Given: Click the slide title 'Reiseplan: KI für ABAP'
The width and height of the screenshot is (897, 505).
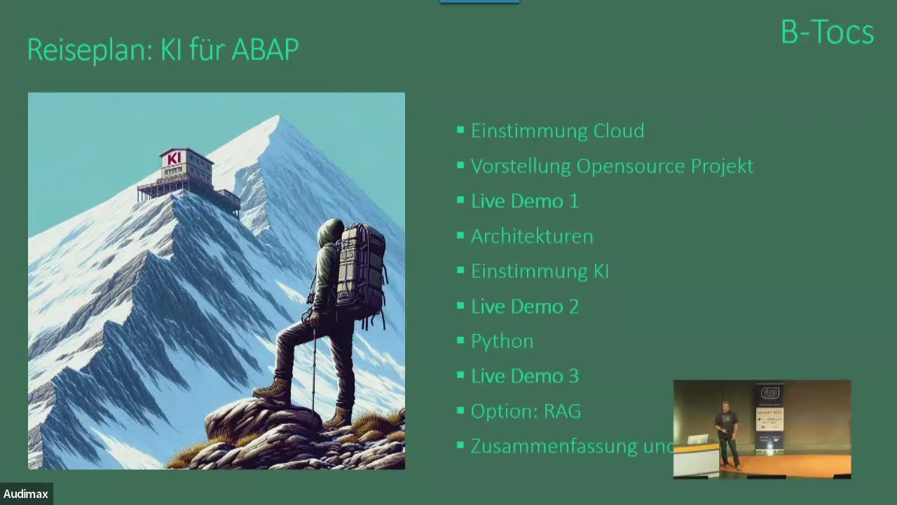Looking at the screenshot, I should pos(163,50).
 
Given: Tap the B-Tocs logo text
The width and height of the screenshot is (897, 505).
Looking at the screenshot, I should pos(827,33).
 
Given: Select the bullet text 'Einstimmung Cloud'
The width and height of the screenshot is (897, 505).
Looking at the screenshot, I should pos(557,131).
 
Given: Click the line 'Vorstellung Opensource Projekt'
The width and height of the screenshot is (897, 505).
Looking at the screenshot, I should pos(612,166).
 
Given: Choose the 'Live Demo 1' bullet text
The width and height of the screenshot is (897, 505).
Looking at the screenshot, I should pos(524,201).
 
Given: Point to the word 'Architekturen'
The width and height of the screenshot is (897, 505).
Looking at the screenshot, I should pos(531,236).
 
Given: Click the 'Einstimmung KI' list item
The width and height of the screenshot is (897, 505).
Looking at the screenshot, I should pos(539,271).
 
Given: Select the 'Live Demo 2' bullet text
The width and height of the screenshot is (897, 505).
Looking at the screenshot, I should pos(524,307).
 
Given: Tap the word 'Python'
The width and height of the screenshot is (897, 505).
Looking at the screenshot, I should pos(502,342).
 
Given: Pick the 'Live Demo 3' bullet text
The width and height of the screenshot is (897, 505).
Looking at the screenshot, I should pos(524,377).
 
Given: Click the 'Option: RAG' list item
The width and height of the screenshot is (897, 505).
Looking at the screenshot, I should pos(526,412).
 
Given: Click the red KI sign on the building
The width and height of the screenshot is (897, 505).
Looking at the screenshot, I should pos(174,159).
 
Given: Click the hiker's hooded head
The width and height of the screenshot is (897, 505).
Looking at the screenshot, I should pos(330,234).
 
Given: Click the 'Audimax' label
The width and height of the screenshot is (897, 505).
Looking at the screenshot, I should pos(26,494).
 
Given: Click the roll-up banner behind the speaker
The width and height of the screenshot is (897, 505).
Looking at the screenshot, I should pos(769,417).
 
